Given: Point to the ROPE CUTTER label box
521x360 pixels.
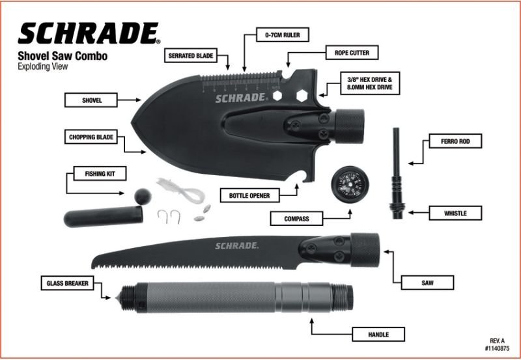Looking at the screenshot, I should (352, 51).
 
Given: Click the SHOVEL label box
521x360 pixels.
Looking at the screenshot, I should (91, 100).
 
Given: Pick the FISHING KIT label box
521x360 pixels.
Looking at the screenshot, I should (95, 174).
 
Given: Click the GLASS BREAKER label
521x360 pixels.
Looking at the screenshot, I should (67, 283).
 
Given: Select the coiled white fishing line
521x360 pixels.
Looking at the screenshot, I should (182, 191).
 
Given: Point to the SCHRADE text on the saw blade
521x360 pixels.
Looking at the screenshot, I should (237, 245).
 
